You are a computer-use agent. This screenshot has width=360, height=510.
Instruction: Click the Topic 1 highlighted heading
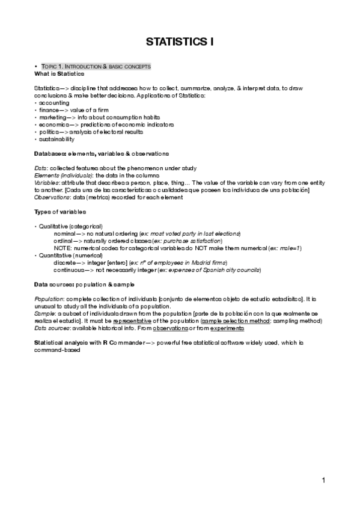coord(96,66)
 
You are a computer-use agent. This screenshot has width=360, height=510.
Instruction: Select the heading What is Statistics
coord(59,73)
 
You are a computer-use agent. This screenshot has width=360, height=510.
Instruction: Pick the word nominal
coord(65,233)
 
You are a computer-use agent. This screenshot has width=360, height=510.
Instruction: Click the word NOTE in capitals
coord(62,248)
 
